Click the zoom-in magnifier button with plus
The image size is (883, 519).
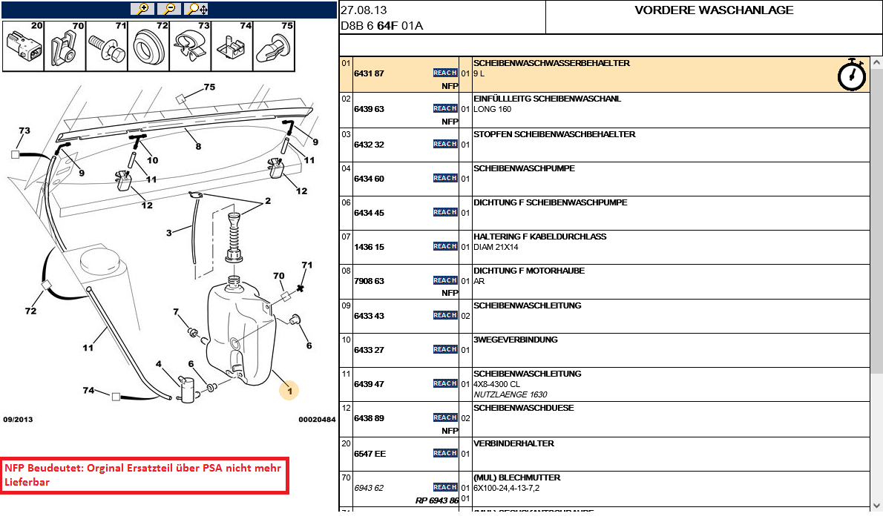[x=142, y=9]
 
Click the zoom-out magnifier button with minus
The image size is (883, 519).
[x=169, y=9]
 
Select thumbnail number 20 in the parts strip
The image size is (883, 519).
[x=23, y=46]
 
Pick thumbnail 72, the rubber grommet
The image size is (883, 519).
[x=148, y=46]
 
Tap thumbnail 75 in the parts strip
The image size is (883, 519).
[x=274, y=46]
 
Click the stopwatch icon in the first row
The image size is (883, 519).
[x=852, y=74]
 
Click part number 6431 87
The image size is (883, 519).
[x=369, y=73]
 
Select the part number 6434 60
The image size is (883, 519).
[x=369, y=179]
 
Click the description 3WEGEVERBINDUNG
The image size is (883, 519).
[x=515, y=340]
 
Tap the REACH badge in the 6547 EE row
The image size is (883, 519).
[x=445, y=453]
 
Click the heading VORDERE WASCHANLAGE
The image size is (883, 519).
[x=714, y=10]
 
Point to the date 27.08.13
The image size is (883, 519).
[x=364, y=10]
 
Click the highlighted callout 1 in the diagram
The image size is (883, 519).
[x=289, y=391]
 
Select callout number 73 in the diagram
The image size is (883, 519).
[x=24, y=131]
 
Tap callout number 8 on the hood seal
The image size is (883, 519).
[x=198, y=146]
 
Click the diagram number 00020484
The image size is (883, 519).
[x=317, y=420]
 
